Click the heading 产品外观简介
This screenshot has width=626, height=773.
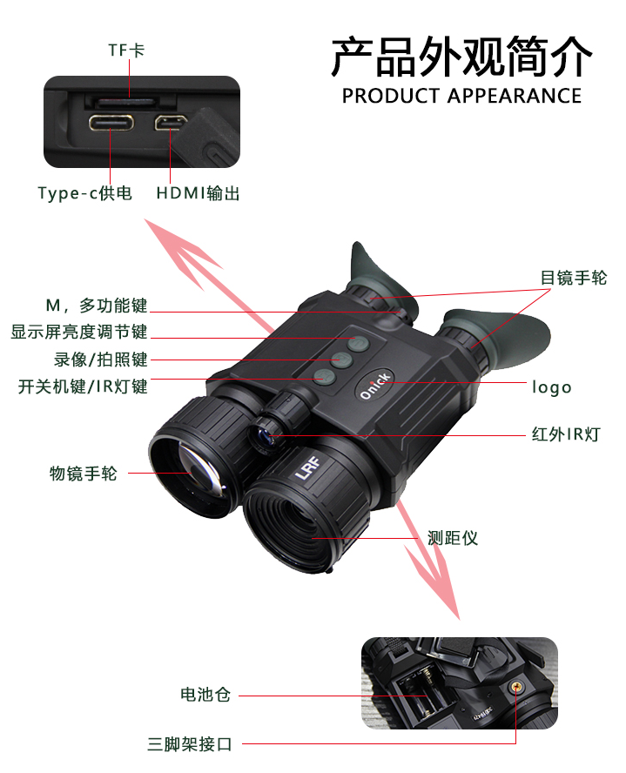461,57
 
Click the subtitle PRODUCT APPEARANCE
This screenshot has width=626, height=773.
461,96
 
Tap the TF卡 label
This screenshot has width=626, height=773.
126,50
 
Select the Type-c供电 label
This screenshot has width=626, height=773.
84,193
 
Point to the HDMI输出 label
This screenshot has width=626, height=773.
198,193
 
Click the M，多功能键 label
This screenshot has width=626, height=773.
96,306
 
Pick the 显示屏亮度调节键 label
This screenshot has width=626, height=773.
78,332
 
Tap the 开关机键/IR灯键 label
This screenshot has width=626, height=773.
83,386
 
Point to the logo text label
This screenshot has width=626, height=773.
552,386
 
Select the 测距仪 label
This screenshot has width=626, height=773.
453,537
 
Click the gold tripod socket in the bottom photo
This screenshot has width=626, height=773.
517,687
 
